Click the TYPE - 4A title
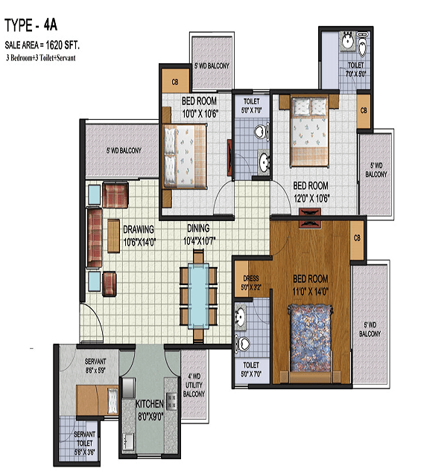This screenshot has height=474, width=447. point(31,25)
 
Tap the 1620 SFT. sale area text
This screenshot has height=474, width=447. point(63,45)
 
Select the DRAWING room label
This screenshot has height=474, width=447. point(139,229)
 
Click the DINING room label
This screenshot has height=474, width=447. point(198,228)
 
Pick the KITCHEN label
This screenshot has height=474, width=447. point(150,404)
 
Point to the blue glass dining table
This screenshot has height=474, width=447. point(198,295)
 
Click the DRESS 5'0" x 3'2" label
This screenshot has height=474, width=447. point(251,283)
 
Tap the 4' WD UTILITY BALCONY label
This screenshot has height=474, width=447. point(194,385)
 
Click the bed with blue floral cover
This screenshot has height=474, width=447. point(310,339)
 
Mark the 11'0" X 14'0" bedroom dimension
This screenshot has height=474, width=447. point(310,292)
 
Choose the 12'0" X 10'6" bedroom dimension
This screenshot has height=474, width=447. point(311,198)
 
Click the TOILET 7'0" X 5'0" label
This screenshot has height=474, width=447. point(356,69)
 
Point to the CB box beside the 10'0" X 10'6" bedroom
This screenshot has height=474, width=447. point(175,80)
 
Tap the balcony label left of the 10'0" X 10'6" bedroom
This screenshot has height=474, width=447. point(124,150)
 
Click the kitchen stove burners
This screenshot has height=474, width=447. point(171,401)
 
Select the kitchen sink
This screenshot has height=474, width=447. point(128,441)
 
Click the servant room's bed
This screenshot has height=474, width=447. point(97,400)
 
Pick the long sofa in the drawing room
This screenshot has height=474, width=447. point(95,237)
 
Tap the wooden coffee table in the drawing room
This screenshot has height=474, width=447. point(113,236)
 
